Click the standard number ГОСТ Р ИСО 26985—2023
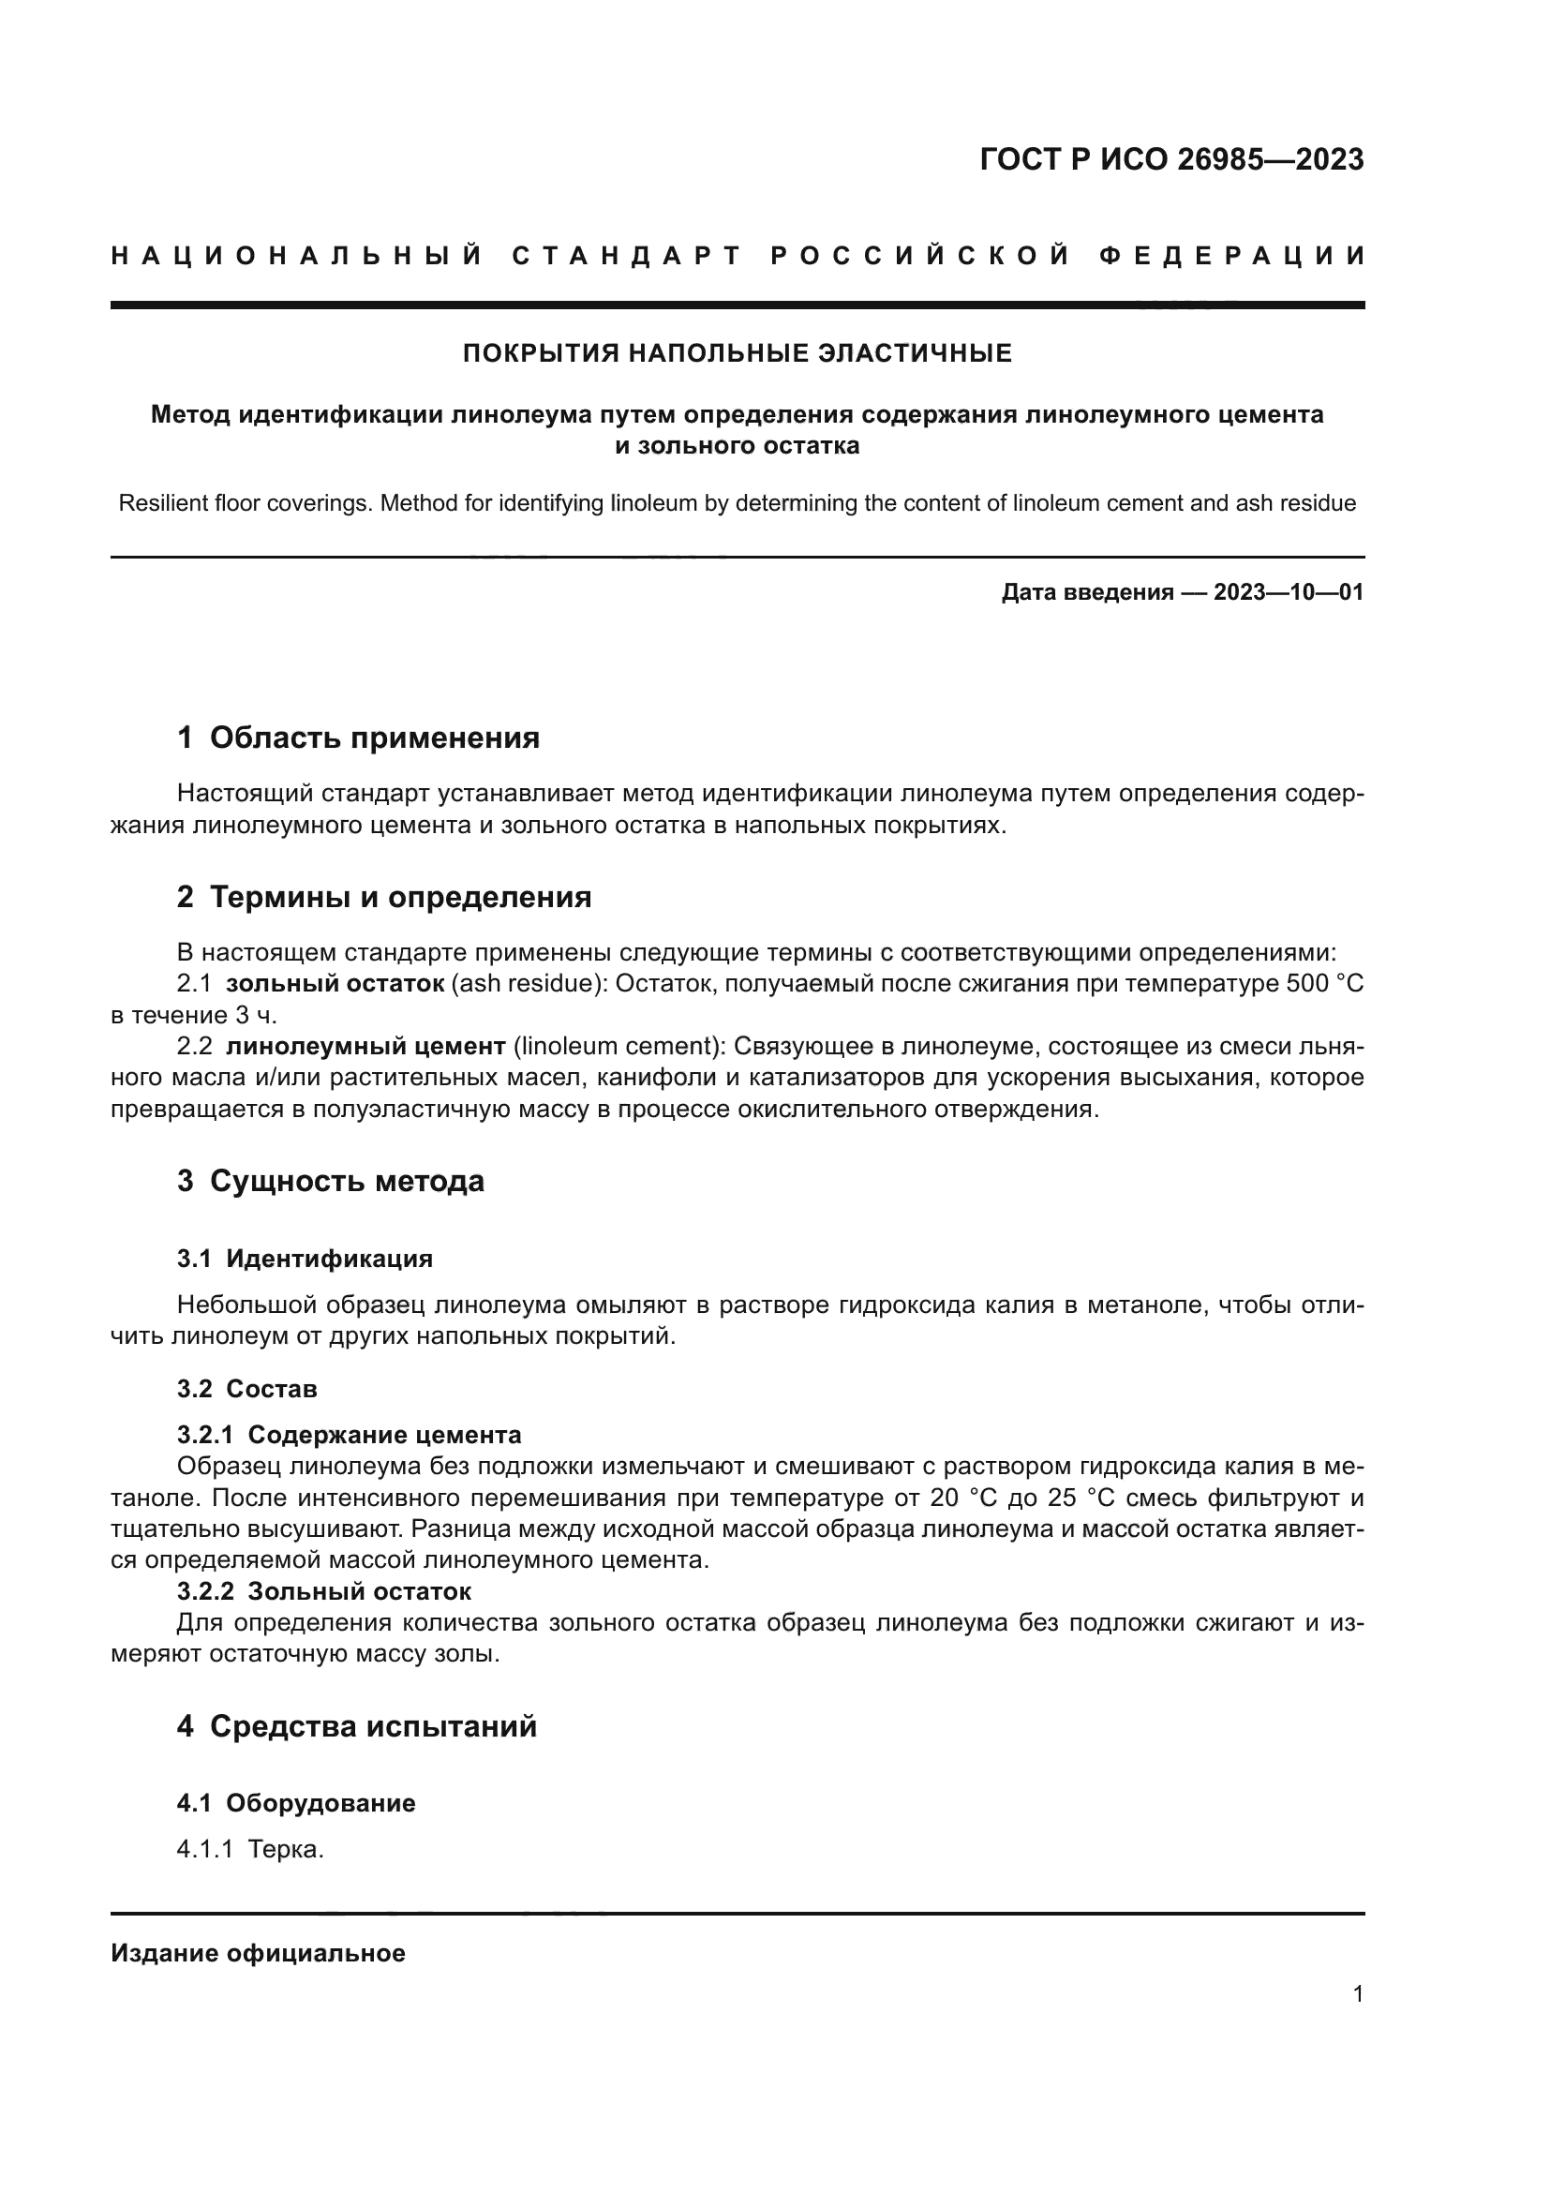tap(1171, 159)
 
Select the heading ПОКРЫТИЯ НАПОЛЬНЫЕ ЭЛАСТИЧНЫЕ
tap(737, 354)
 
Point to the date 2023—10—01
tap(1288, 593)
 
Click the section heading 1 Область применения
tap(358, 738)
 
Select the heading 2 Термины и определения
tap(383, 898)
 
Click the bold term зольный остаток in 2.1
tap(335, 983)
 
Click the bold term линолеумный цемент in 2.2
tap(365, 1047)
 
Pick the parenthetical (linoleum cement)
tap(619, 1047)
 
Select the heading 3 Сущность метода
tap(330, 1181)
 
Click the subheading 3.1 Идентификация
tap(305, 1259)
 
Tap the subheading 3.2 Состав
tap(246, 1388)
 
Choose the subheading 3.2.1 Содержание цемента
tap(349, 1435)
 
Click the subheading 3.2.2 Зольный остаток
tap(323, 1591)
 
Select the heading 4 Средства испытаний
tap(357, 1726)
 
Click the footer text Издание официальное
tap(258, 1953)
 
